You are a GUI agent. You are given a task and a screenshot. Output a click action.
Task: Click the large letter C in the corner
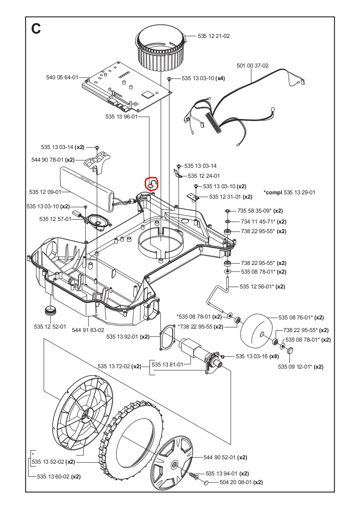point(36,29)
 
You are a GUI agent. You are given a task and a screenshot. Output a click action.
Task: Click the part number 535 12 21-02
point(214,36)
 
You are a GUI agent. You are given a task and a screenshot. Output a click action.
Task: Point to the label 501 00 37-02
point(253,66)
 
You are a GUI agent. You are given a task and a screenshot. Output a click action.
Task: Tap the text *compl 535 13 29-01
point(289,192)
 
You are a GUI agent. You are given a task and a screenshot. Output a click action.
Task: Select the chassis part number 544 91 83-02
point(88,330)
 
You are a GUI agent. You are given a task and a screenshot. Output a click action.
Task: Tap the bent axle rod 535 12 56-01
point(218,292)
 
